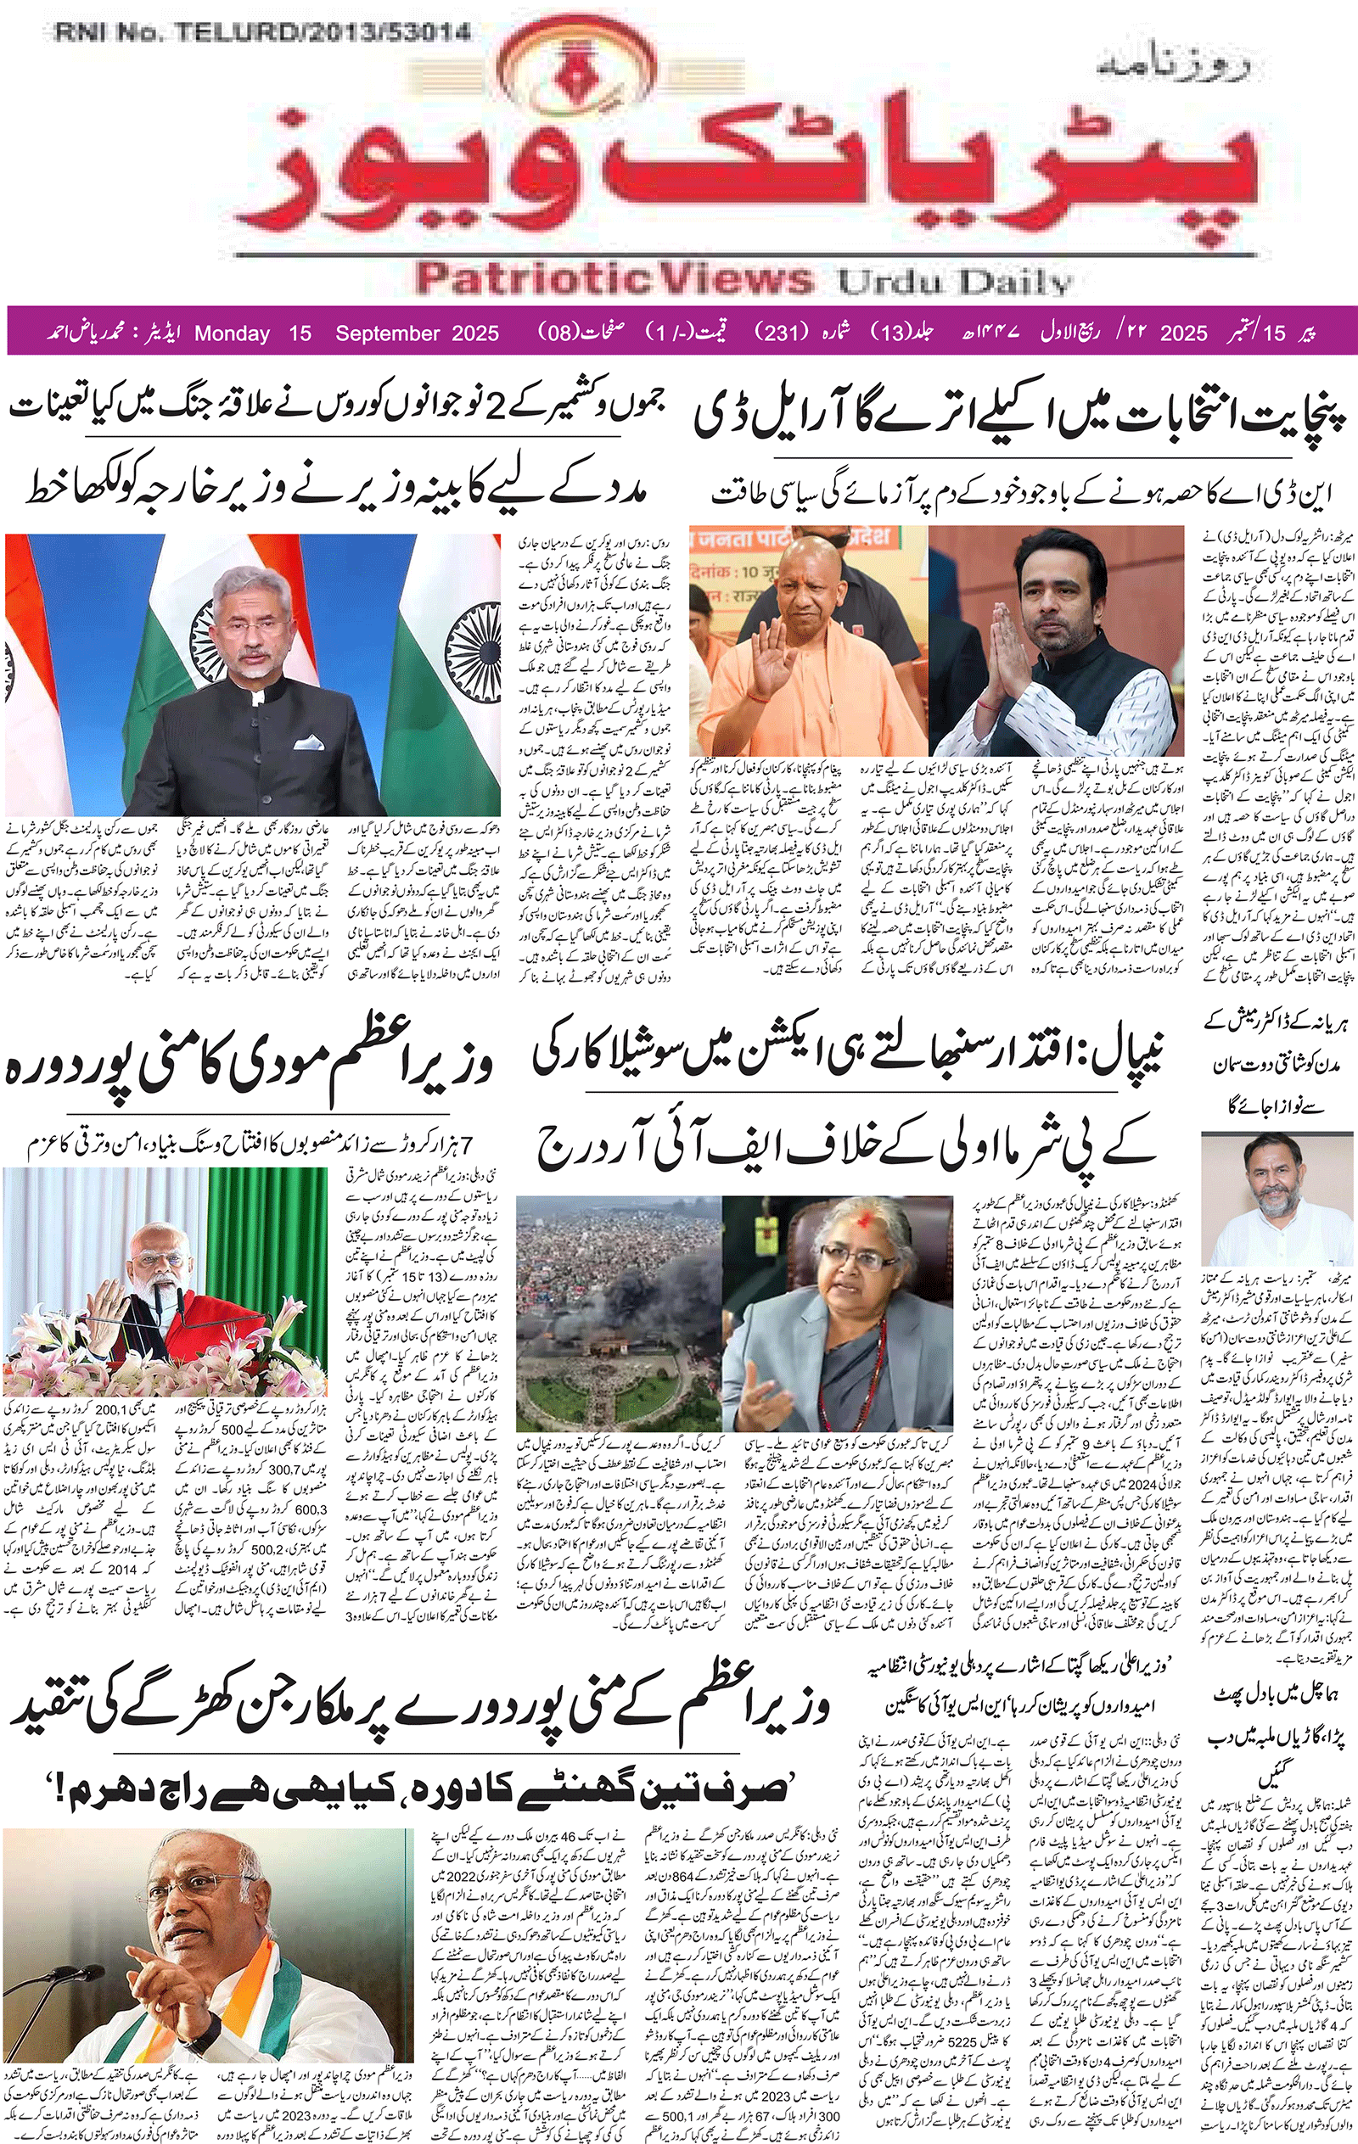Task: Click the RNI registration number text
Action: (263, 33)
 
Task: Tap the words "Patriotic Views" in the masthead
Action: (614, 277)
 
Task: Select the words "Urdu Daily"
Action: (954, 283)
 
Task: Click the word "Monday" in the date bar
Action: (232, 334)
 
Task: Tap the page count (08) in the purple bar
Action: (558, 333)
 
